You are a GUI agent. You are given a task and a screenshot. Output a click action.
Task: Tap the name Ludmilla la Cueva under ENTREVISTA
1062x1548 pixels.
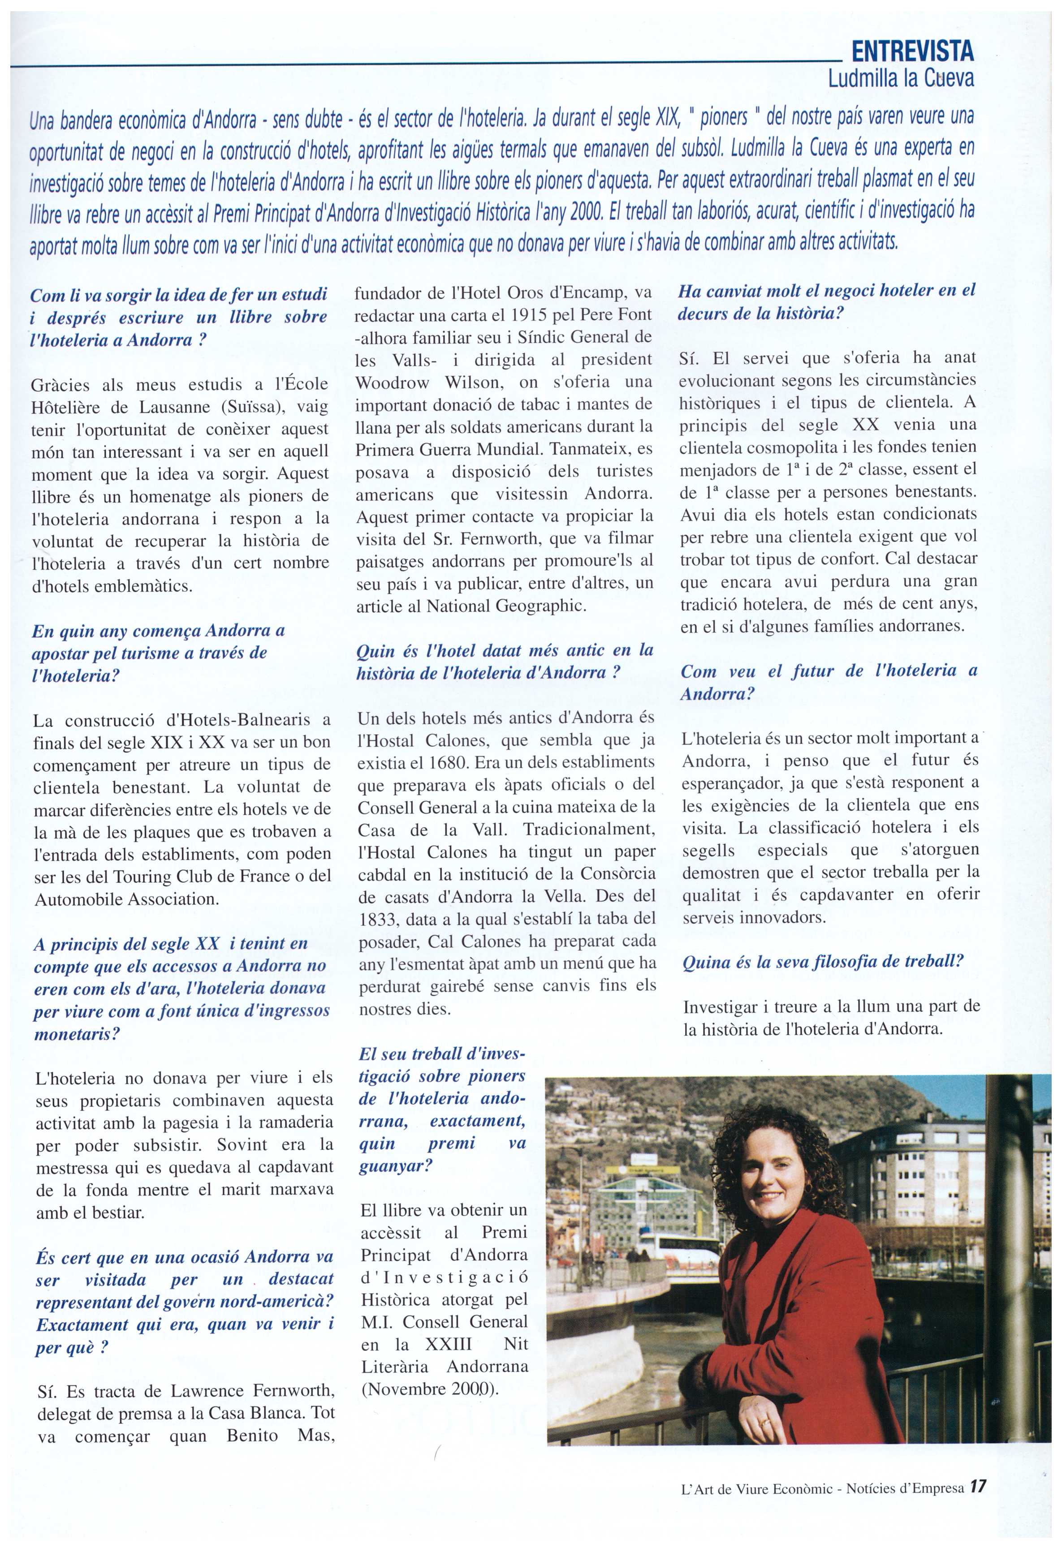pyautogui.click(x=900, y=78)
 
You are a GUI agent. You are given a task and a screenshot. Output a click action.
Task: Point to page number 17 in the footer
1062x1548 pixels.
pyautogui.click(x=977, y=1486)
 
